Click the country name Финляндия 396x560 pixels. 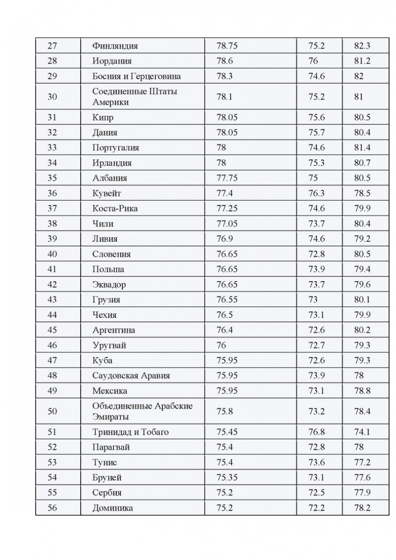pos(115,46)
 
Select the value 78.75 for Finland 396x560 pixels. pos(227,46)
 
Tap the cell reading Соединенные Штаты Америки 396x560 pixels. pos(135,97)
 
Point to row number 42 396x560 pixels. pos(52,285)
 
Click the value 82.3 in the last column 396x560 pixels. pos(362,46)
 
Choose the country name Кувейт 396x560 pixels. pos(107,193)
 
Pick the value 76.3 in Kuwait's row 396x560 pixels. pos(317,193)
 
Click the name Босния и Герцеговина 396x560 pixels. pos(137,76)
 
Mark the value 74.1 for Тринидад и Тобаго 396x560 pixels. pos(362,432)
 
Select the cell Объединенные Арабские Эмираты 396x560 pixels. pos(142,411)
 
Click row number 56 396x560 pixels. pos(52,508)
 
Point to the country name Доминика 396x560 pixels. pos(113,508)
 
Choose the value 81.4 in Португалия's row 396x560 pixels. pos(362,147)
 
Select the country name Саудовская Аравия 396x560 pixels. pos(131,376)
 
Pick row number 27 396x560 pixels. pos(52,46)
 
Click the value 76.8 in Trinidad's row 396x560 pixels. pos(317,432)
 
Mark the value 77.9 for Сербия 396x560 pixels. pos(362,492)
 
